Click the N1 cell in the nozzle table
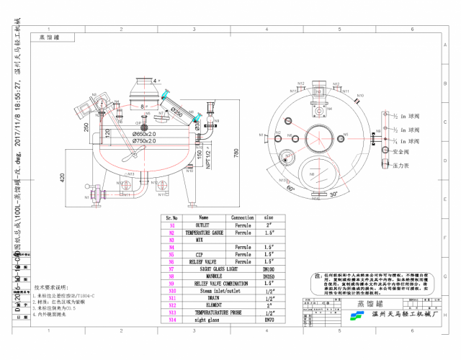[172, 225]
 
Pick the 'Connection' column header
[243, 217]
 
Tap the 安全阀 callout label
[401, 153]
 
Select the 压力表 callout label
[401, 165]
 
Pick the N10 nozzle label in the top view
[360, 95]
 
